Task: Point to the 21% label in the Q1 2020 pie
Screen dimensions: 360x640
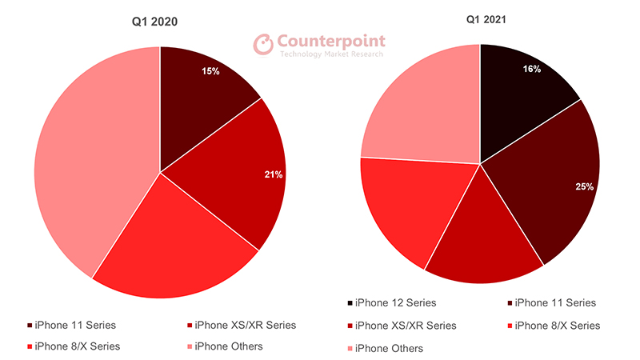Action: click(273, 174)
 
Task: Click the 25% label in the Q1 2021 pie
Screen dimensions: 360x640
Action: click(584, 186)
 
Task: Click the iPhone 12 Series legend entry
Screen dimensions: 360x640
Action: click(393, 302)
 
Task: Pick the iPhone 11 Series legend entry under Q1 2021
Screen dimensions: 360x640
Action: click(551, 302)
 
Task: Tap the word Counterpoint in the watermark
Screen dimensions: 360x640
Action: click(331, 41)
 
